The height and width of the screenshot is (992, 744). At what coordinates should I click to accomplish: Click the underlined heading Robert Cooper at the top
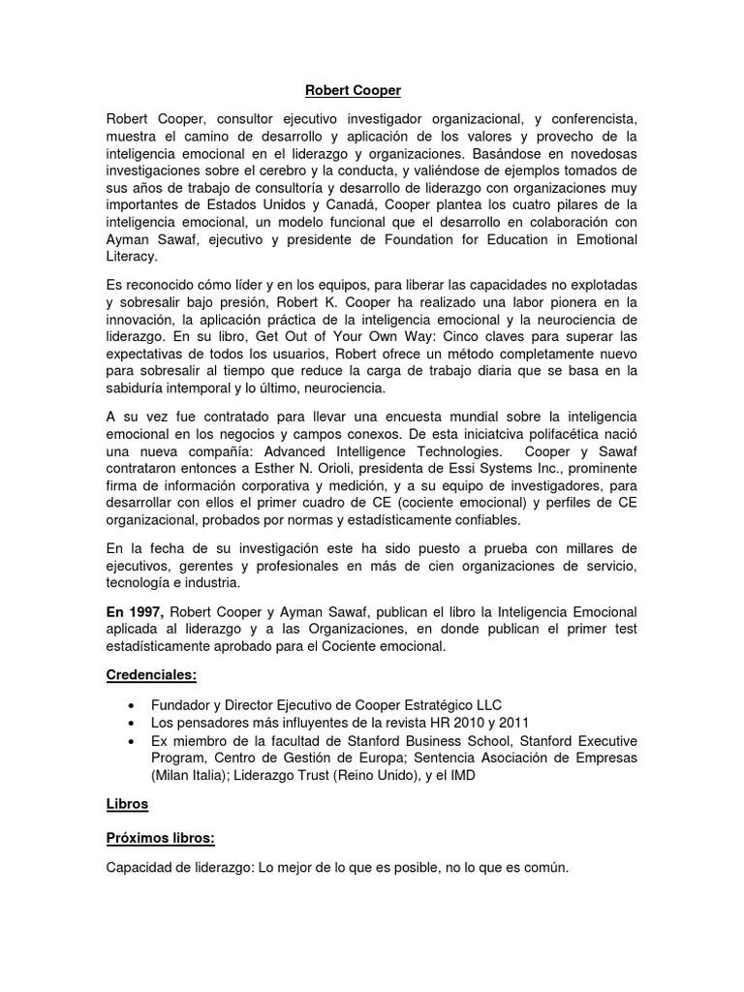[353, 90]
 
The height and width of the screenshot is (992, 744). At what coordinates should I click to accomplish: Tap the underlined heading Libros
[127, 804]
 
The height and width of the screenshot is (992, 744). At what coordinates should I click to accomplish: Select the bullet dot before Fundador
[131, 705]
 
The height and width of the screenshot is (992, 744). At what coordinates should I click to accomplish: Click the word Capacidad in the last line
[139, 868]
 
